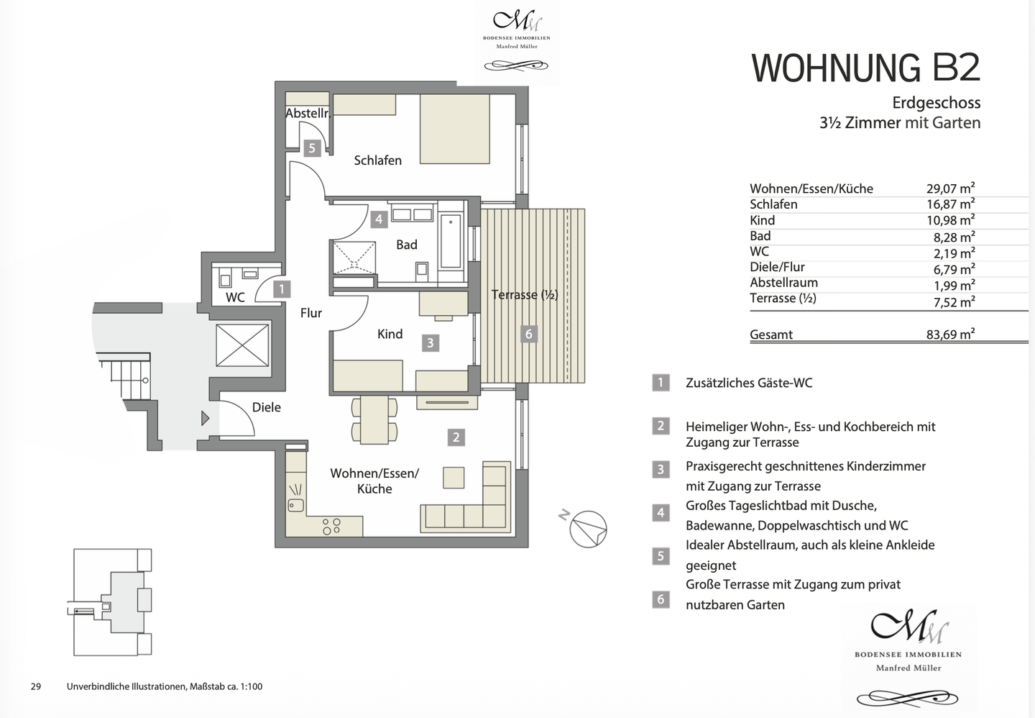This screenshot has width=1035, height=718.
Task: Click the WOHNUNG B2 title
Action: click(865, 68)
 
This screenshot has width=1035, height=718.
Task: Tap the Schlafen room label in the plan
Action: click(377, 160)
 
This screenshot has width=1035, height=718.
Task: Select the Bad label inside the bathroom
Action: click(407, 245)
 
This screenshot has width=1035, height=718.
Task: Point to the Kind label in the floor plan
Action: click(390, 334)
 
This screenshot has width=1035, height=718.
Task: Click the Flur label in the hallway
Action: click(311, 313)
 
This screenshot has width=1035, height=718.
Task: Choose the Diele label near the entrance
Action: click(267, 407)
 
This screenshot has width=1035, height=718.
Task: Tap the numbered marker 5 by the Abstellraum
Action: click(311, 148)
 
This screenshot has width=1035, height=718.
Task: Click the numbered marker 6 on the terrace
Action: click(529, 334)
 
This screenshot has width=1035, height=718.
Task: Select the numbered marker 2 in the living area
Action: click(456, 437)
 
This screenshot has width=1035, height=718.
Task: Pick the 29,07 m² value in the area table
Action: click(950, 188)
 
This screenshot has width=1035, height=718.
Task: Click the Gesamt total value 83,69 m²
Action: click(950, 334)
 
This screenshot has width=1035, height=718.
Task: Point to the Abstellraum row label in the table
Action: click(783, 283)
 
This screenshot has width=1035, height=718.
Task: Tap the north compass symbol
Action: click(587, 529)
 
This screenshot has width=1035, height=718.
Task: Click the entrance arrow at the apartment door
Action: click(205, 417)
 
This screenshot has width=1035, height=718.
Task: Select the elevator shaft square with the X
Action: click(242, 345)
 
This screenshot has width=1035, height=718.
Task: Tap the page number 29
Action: click(36, 686)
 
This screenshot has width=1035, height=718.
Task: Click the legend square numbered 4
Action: click(661, 513)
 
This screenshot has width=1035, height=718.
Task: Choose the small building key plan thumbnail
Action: click(114, 602)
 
